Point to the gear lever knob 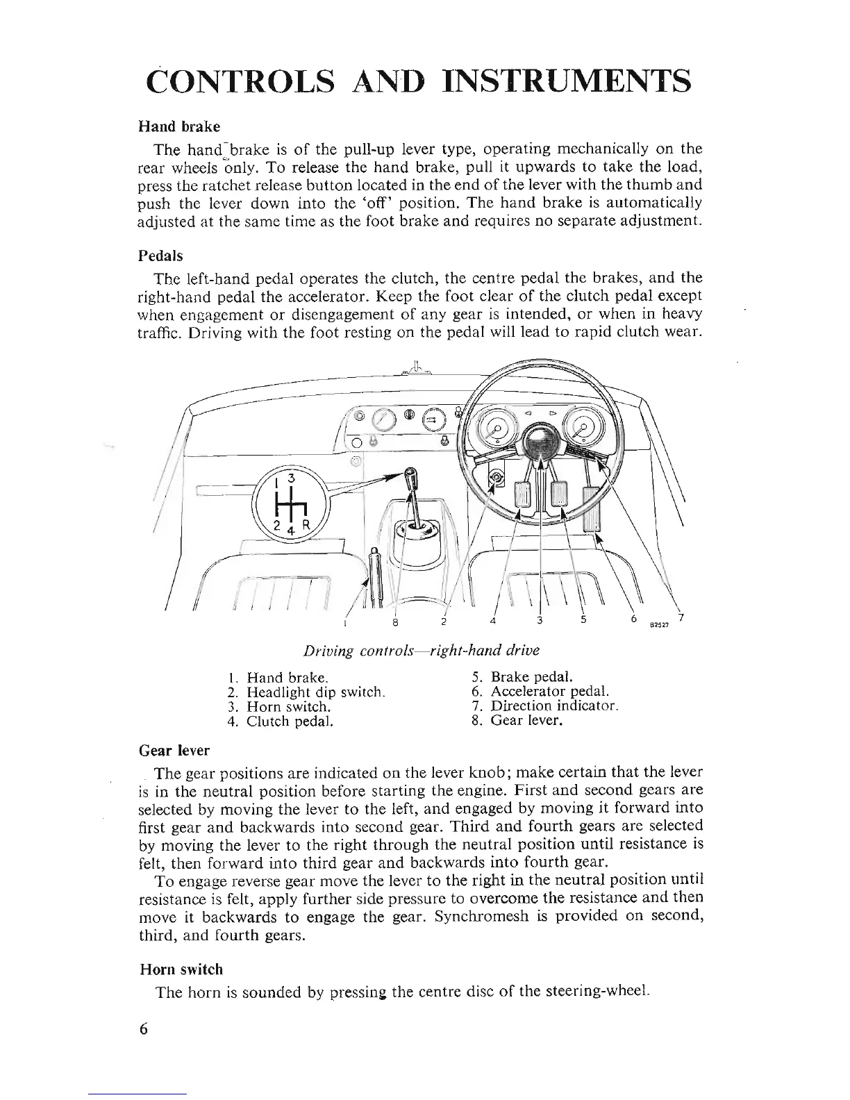411,480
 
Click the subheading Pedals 160,256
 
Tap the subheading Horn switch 181,969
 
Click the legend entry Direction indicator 554,706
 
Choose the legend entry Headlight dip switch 315,692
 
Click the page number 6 144,1028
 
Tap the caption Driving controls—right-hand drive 421,651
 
